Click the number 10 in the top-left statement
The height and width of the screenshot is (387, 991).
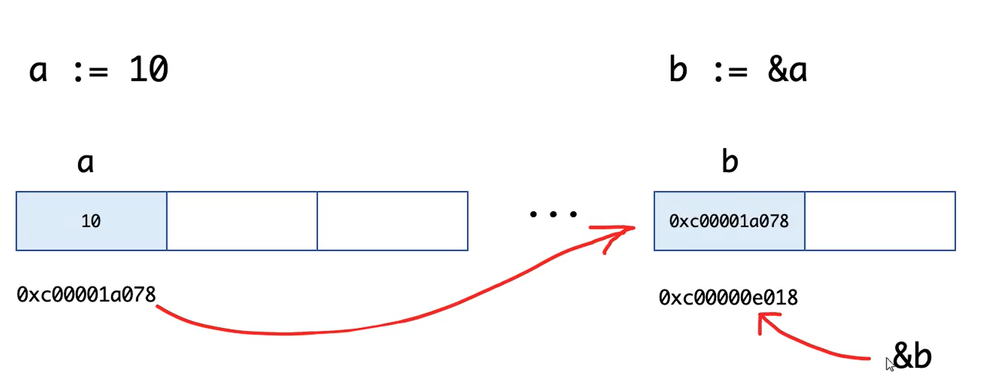(x=148, y=70)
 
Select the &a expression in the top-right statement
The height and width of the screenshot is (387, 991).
(x=787, y=70)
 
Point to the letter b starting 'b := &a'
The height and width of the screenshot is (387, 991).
(x=678, y=70)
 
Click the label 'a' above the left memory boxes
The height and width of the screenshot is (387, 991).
(x=85, y=163)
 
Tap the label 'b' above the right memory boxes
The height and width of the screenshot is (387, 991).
(x=730, y=162)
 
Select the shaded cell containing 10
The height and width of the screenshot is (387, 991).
(x=91, y=221)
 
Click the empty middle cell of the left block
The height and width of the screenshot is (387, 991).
(x=242, y=221)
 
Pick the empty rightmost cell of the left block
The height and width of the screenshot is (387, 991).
(x=392, y=221)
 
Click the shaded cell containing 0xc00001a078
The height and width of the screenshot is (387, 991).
(x=729, y=221)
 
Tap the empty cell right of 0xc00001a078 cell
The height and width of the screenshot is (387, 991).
(x=880, y=221)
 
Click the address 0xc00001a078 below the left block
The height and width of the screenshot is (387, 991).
(x=86, y=295)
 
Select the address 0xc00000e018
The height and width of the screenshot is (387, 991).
(x=728, y=297)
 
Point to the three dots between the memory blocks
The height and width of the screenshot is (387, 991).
(x=553, y=215)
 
